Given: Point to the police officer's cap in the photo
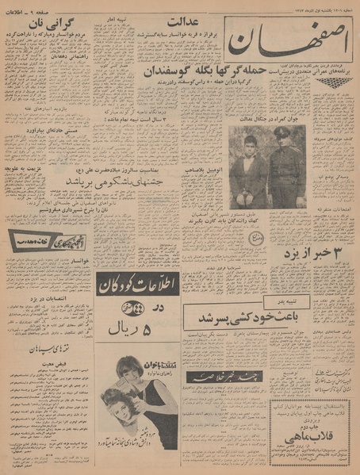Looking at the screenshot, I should click(x=282, y=132).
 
